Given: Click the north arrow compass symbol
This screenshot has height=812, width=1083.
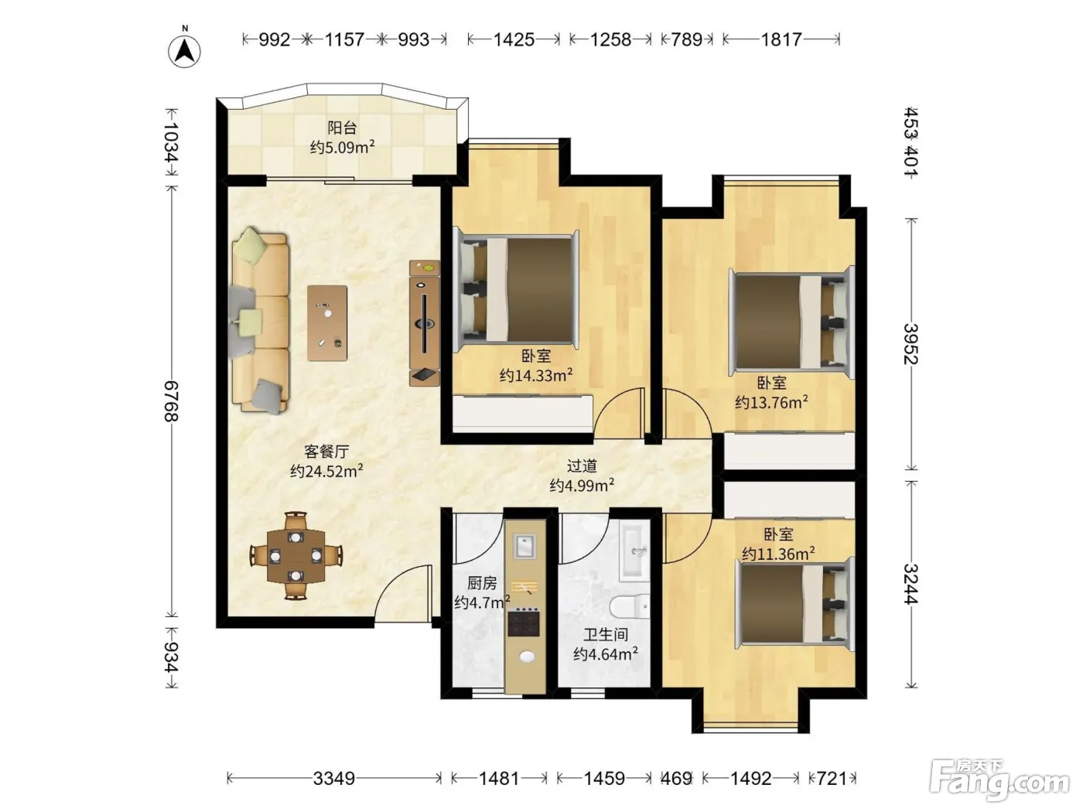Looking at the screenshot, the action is pos(185,49).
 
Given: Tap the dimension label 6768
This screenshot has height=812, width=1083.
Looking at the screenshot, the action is pos(171,401).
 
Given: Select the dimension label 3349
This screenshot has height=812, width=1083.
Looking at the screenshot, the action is pos(334,779).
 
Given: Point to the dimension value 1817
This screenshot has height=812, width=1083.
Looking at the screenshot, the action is pos(781,39).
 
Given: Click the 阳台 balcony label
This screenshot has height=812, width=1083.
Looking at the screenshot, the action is pos(342,128).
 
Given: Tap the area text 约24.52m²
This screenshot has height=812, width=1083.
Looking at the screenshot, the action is pos(326,471).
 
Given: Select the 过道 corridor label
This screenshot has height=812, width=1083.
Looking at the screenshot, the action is pos(582,466).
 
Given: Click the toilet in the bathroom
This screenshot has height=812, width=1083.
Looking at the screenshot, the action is pos(630,606).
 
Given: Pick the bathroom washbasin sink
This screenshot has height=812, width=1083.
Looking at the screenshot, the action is pos(634,551).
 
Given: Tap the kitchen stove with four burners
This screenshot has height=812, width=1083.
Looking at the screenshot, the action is pos(524,623).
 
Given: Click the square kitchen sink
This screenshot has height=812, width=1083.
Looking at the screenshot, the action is pos(524,546).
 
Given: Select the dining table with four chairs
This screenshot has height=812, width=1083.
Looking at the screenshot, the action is pos(296,555).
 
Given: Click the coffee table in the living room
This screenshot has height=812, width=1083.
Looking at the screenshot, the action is pos(327,323).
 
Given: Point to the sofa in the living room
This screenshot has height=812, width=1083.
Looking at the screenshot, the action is pos(259,320).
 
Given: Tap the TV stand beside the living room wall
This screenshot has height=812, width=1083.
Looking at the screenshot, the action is pos(425,323).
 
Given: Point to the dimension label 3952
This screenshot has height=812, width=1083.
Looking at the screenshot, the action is pos(910,344).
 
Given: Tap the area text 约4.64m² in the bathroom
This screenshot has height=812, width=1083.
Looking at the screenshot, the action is pos(606,653).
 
